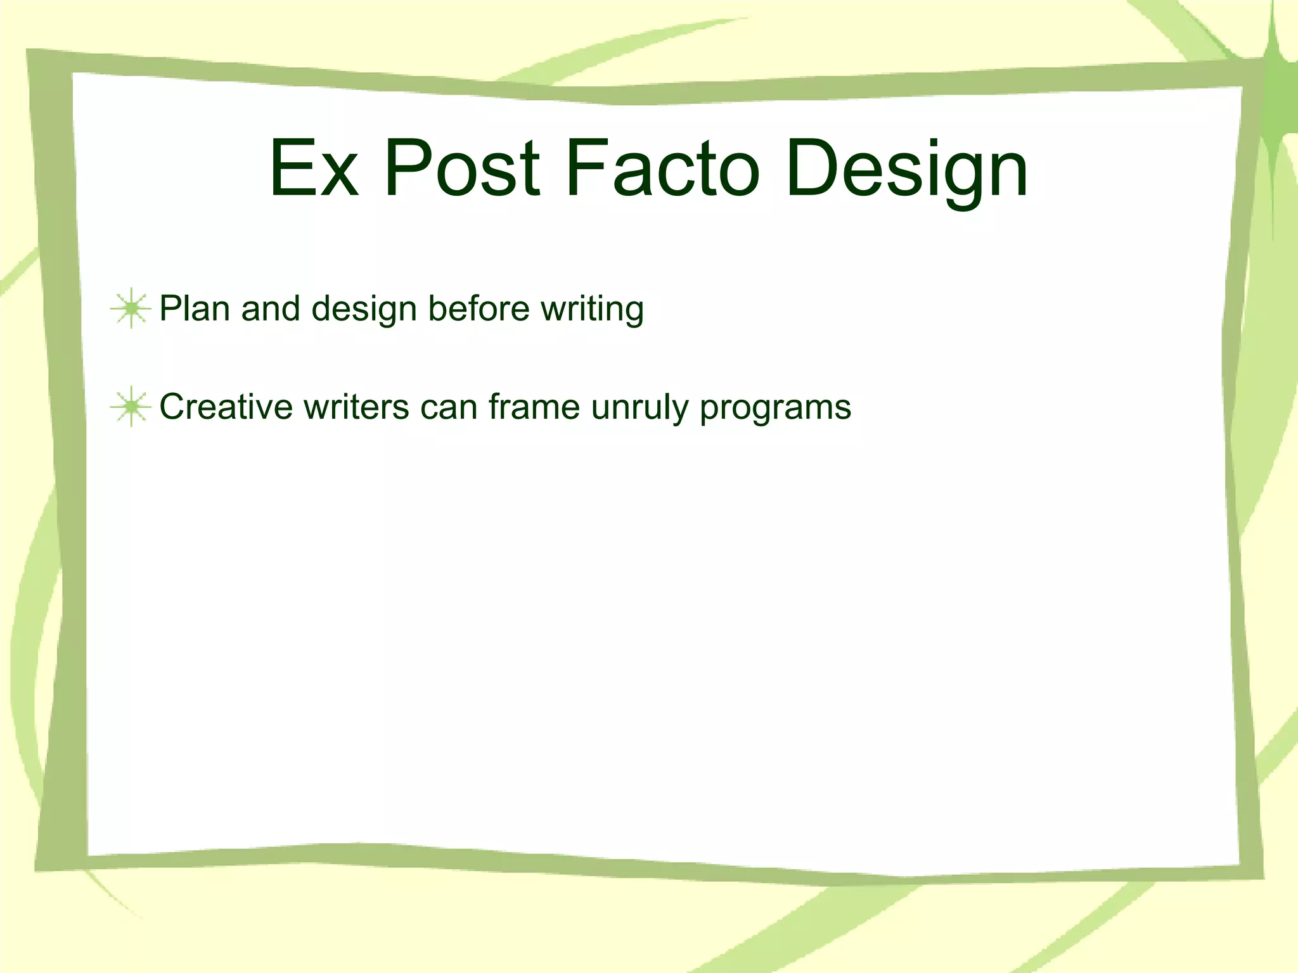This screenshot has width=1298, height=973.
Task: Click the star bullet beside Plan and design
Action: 131,308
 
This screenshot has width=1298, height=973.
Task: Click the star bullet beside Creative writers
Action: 131,407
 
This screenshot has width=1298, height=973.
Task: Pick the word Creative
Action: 225,407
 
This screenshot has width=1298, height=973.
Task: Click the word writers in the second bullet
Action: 356,407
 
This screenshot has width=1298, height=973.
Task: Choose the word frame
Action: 534,407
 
